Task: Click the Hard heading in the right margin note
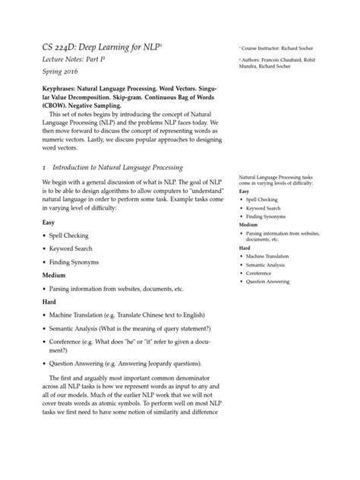point(245,248)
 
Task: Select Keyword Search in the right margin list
point(264,207)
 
